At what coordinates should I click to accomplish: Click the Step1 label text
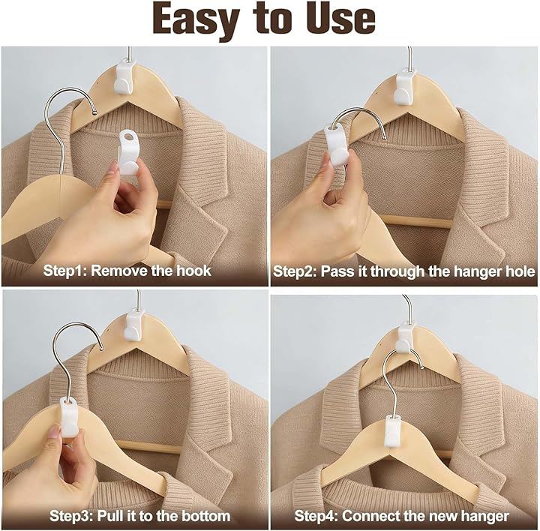tap(64, 271)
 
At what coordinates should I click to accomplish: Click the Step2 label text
tap(295, 271)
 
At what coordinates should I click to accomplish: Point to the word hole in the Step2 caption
tap(520, 271)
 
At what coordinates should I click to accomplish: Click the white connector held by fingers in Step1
tap(127, 152)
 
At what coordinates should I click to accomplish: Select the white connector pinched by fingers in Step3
tap(69, 417)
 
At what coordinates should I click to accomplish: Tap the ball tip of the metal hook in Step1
tap(95, 112)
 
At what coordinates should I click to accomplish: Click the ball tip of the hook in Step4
tap(422, 367)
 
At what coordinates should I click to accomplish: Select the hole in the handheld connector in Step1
tap(128, 136)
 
